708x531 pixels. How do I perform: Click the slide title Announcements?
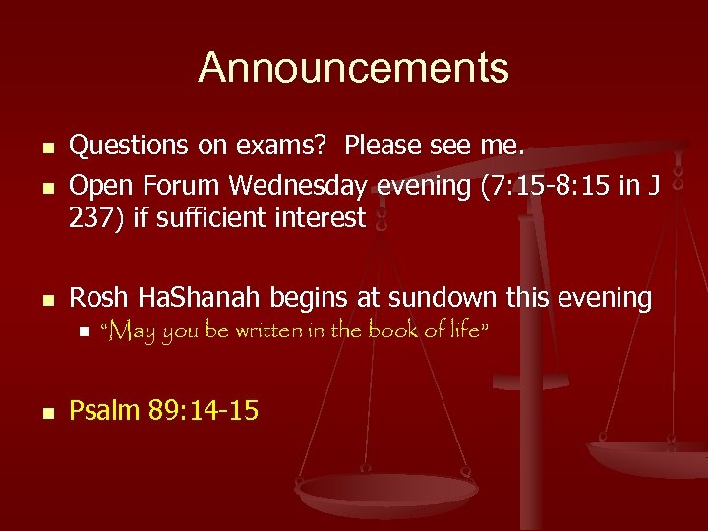coord(353,69)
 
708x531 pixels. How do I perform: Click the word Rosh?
coord(99,298)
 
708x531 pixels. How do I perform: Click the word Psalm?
coord(104,409)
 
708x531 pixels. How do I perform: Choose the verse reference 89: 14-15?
coord(204,409)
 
